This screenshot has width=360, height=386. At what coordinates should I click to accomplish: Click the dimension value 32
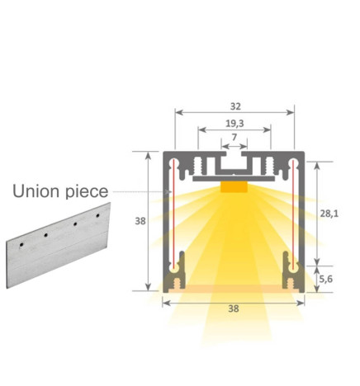tap(234, 106)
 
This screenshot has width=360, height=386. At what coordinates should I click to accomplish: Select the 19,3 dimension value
tap(234, 123)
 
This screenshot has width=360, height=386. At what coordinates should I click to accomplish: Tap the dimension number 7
tap(234, 136)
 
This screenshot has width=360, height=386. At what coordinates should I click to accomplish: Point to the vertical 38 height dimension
tap(140, 221)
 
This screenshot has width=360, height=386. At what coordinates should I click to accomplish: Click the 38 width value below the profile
tap(234, 310)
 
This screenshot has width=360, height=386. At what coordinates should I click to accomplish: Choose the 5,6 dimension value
tap(328, 279)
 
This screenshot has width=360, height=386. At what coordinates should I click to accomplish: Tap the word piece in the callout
tap(84, 193)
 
